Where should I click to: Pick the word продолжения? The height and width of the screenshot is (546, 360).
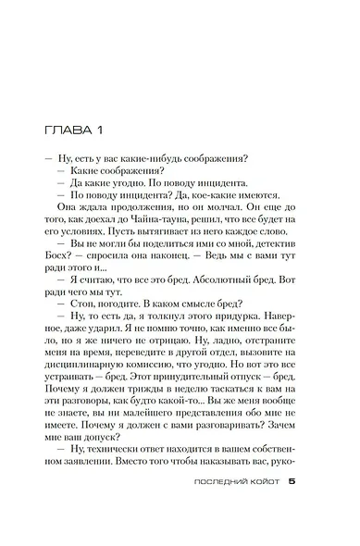coord(126,207)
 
